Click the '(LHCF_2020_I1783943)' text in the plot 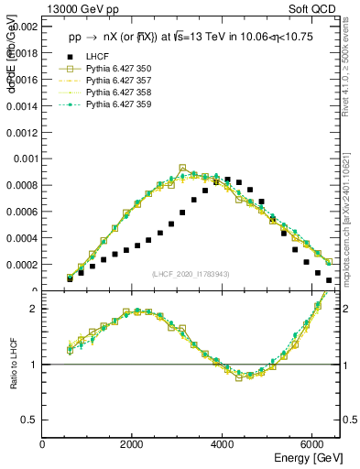click(x=190, y=275)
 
